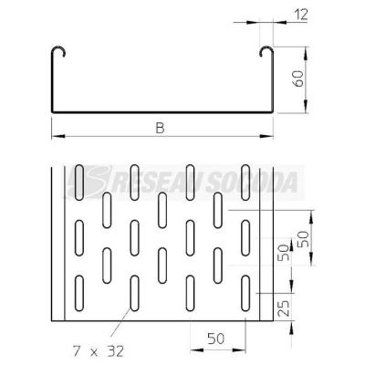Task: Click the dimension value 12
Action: click(301, 15)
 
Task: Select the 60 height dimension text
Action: click(299, 78)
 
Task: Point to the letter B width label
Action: click(160, 128)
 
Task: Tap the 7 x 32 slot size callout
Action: click(99, 352)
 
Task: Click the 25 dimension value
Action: click(284, 308)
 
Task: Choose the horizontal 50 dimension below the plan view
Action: click(216, 339)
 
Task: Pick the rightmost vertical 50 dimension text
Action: click(303, 239)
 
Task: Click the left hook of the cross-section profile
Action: click(57, 52)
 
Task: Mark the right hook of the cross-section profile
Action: click(266, 52)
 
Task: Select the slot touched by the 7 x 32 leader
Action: click(134, 293)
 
